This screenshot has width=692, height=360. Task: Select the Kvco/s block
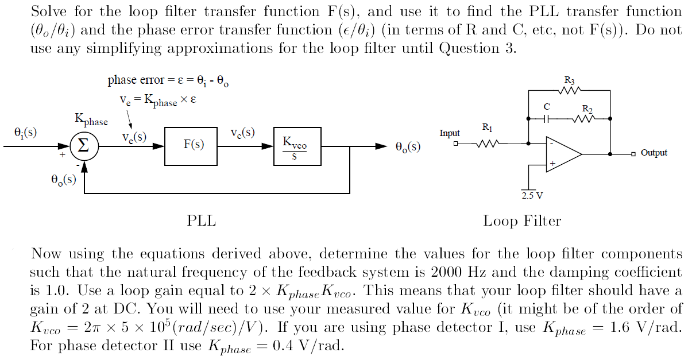[295, 146]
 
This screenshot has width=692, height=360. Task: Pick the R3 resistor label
[569, 80]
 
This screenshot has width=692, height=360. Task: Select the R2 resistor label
[586, 108]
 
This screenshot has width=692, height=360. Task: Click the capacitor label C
[547, 107]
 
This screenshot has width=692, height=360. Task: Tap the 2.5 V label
[532, 195]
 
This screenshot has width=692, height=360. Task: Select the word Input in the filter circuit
[450, 133]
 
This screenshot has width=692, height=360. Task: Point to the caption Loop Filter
[521, 221]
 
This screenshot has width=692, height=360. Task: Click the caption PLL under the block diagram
[202, 221]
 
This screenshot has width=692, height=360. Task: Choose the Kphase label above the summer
[91, 120]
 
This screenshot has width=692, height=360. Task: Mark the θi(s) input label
[25, 133]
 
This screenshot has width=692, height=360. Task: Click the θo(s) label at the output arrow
[408, 147]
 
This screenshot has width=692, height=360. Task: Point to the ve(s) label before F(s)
[134, 138]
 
